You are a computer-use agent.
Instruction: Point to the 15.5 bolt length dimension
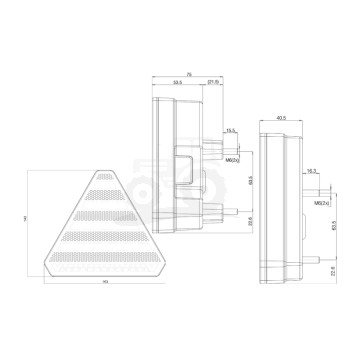click(231, 130)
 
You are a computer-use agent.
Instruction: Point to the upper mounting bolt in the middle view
click(227, 143)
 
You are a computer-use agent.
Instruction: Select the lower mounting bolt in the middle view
click(228, 211)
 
